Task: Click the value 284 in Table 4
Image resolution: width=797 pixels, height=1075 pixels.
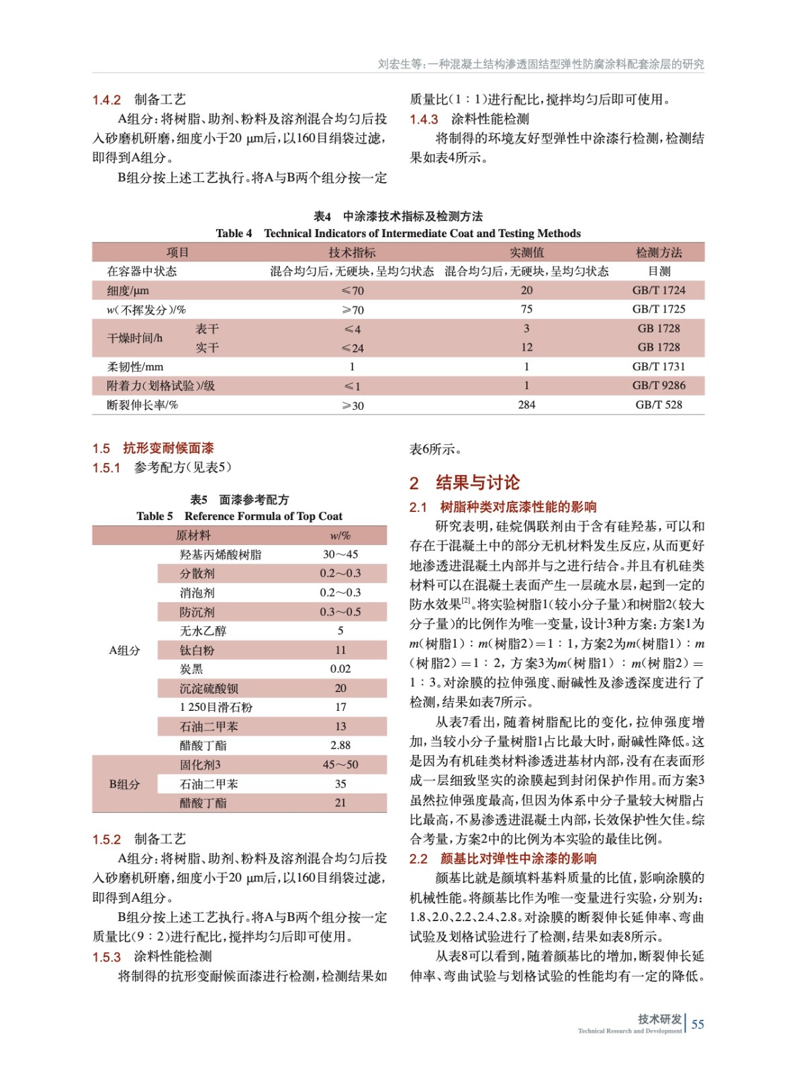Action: tap(526, 404)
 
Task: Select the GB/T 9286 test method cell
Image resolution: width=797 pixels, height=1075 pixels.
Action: tap(659, 386)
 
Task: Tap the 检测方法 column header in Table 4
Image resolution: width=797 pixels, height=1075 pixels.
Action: tap(659, 253)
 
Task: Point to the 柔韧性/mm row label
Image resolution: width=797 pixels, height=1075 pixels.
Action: tap(135, 367)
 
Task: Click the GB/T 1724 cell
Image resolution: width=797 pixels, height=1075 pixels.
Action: tap(659, 290)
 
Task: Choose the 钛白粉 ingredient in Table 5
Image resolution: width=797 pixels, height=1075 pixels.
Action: tap(197, 650)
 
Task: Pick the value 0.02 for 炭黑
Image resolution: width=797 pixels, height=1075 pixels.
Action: tap(340, 669)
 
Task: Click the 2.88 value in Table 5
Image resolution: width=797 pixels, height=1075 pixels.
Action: tap(340, 745)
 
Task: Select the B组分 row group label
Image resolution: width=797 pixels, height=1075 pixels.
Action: tap(125, 784)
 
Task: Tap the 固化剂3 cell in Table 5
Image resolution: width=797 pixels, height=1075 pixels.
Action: tap(200, 765)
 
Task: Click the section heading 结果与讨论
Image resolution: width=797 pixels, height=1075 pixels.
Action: tap(477, 482)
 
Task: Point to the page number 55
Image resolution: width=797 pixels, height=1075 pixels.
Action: tap(698, 1024)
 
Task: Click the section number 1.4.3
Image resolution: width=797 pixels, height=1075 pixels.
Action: tap(424, 120)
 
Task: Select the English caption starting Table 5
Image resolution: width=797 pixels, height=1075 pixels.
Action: tap(239, 516)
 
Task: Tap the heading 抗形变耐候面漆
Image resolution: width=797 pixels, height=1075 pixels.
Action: tap(168, 448)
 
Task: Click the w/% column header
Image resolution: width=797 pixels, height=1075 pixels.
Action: tap(340, 535)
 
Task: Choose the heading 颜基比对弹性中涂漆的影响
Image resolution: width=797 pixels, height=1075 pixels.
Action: tap(518, 859)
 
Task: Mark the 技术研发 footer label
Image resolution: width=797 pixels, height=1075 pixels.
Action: tap(659, 1019)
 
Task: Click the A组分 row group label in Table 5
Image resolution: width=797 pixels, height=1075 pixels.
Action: tap(125, 650)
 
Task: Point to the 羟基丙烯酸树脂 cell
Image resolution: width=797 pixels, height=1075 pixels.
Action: tap(220, 555)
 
